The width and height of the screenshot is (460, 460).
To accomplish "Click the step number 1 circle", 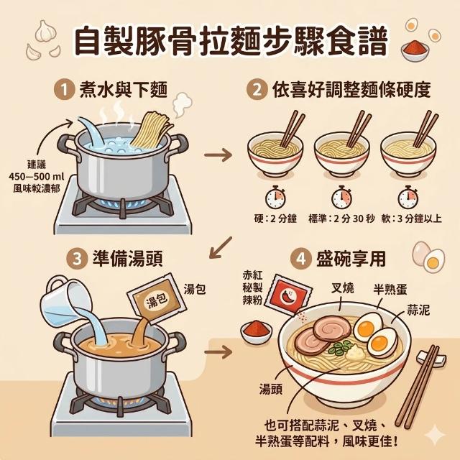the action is pyautogui.click(x=64, y=90).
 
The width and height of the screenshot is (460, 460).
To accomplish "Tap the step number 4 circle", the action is pyautogui.click(x=301, y=259).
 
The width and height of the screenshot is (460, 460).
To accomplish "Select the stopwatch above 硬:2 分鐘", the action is pyautogui.click(x=275, y=198).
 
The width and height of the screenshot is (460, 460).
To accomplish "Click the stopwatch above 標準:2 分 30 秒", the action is pyautogui.click(x=342, y=198).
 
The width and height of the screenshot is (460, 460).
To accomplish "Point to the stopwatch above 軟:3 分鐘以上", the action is pyautogui.click(x=408, y=198).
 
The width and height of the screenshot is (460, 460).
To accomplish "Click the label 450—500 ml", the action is pyautogui.click(x=37, y=177).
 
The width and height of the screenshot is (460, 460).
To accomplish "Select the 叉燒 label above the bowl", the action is pyautogui.click(x=342, y=288).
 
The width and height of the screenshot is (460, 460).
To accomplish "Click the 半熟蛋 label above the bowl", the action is pyautogui.click(x=390, y=289).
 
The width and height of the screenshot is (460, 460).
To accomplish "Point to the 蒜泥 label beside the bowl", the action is pyautogui.click(x=418, y=310).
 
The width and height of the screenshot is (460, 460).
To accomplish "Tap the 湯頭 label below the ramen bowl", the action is pyautogui.click(x=270, y=389).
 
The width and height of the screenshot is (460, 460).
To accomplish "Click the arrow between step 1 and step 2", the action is pyautogui.click(x=218, y=155).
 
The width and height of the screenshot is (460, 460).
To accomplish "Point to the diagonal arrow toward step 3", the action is pyautogui.click(x=221, y=248).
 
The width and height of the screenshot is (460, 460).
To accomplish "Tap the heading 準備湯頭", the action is pyautogui.click(x=128, y=259).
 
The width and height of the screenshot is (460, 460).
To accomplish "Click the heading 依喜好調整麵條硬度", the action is pyautogui.click(x=351, y=90).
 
